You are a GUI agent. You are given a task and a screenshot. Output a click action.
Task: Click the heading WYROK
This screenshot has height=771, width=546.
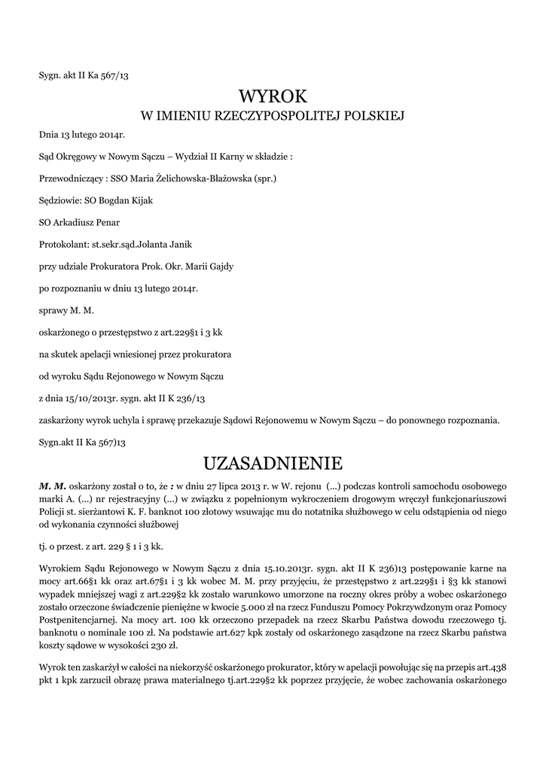tap(273, 96)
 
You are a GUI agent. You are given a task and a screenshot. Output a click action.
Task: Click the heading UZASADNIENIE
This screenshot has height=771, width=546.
tap(273, 462)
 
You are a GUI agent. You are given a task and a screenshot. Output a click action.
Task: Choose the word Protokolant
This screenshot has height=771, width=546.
tap(63, 245)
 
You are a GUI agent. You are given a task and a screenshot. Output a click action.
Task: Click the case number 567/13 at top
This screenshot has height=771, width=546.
tap(117, 75)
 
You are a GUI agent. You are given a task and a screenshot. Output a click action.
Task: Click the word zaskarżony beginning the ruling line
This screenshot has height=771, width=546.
tap(63, 419)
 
